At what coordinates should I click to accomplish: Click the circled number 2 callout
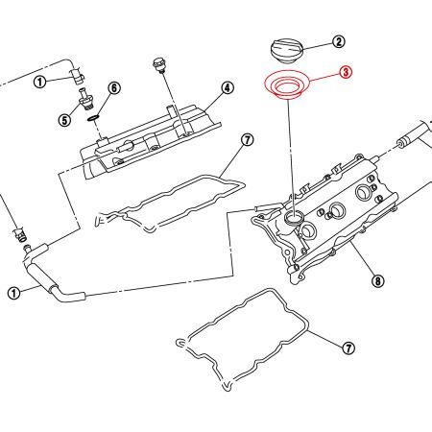click(x=338, y=41)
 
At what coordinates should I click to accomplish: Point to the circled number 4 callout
click(x=228, y=87)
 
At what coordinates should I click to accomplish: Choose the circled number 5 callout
click(x=64, y=120)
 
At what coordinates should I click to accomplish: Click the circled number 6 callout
click(x=114, y=88)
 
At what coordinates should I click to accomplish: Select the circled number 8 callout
click(x=377, y=281)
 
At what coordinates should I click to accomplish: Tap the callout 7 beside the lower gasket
click(x=348, y=347)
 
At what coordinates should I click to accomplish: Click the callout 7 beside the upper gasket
click(x=247, y=140)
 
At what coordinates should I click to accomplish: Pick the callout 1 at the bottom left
click(x=13, y=294)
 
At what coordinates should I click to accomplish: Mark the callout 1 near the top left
click(x=40, y=83)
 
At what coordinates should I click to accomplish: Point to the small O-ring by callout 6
click(x=92, y=119)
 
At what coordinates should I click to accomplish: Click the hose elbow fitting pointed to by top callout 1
click(x=76, y=77)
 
